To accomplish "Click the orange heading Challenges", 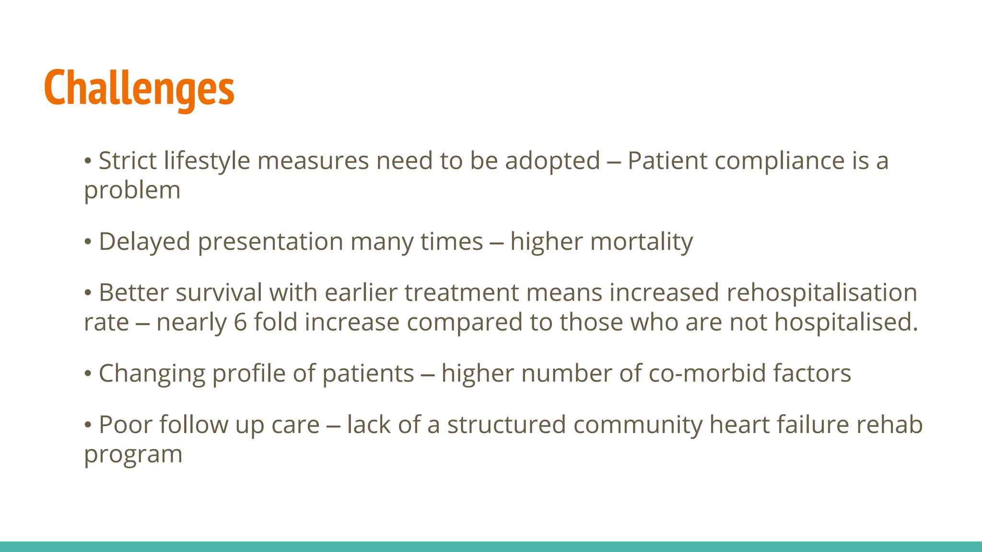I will (x=139, y=89).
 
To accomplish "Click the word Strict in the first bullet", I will (x=128, y=161).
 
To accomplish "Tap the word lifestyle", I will (x=207, y=161).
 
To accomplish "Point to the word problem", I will (x=132, y=191).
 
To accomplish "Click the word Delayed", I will (x=145, y=241).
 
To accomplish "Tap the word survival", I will (x=219, y=293).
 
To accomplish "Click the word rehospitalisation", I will (x=821, y=293).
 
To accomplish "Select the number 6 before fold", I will (x=240, y=322).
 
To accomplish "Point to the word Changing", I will (x=152, y=373).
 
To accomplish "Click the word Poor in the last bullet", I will (x=125, y=425).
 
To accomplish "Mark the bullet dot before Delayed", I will (x=88, y=242).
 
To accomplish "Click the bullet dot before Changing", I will (x=88, y=374).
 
